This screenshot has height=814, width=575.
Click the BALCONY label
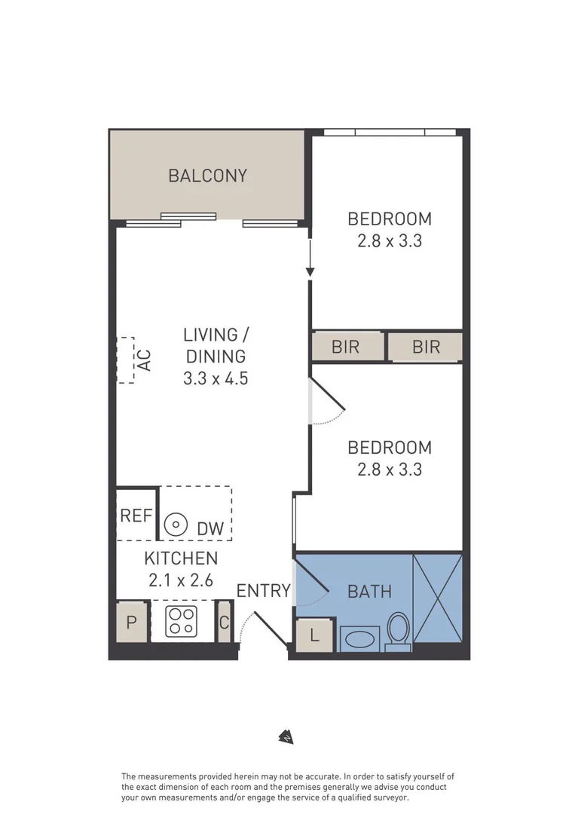click(x=207, y=176)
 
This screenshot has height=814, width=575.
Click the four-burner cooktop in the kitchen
click(x=182, y=621)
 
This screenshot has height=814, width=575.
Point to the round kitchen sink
click(x=176, y=524)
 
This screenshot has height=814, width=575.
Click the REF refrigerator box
click(x=136, y=516)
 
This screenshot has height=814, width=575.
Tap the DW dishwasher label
click(x=210, y=529)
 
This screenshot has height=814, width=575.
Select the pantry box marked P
click(x=132, y=623)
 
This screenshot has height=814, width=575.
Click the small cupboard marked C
click(x=224, y=623)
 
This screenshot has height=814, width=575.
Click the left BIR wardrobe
click(x=346, y=347)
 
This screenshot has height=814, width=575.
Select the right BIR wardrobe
click(x=426, y=347)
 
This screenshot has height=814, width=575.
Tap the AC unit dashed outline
click(x=126, y=360)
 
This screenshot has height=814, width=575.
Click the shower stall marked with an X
click(x=437, y=598)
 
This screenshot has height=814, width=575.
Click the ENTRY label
click(x=263, y=591)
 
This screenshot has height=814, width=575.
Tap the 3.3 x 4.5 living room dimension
click(x=216, y=378)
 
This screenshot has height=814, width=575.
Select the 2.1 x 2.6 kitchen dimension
click(x=181, y=581)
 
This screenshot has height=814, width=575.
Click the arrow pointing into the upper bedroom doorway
click(x=310, y=260)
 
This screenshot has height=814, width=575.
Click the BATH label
click(x=369, y=591)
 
